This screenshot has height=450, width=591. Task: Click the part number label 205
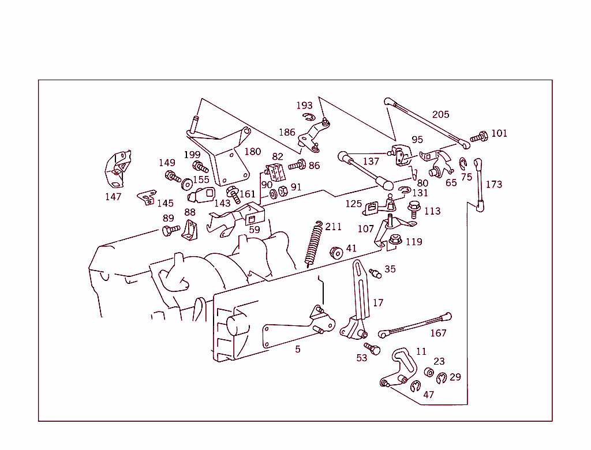pyautogui.click(x=440, y=114)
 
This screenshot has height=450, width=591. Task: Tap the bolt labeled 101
pyautogui.click(x=478, y=137)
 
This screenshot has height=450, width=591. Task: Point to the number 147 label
pyautogui.click(x=113, y=197)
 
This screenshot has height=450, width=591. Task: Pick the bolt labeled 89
pyautogui.click(x=171, y=231)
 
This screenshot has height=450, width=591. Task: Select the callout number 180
pyautogui.click(x=252, y=152)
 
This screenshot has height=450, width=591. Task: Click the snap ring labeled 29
pyautogui.click(x=442, y=379)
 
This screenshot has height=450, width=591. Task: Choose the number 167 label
pyautogui.click(x=438, y=333)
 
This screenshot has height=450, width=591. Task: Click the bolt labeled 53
pyautogui.click(x=372, y=348)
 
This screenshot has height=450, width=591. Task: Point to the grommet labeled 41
pyautogui.click(x=335, y=252)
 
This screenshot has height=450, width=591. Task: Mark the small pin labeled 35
pyautogui.click(x=375, y=272)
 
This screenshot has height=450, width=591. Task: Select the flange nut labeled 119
pyautogui.click(x=395, y=240)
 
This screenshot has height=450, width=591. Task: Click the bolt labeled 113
pyautogui.click(x=413, y=209)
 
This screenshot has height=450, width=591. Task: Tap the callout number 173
pyautogui.click(x=493, y=184)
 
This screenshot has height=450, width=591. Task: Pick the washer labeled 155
pyautogui.click(x=187, y=185)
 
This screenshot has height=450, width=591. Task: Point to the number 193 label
pyautogui.click(x=304, y=106)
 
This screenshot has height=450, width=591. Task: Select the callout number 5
pyautogui.click(x=297, y=349)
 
